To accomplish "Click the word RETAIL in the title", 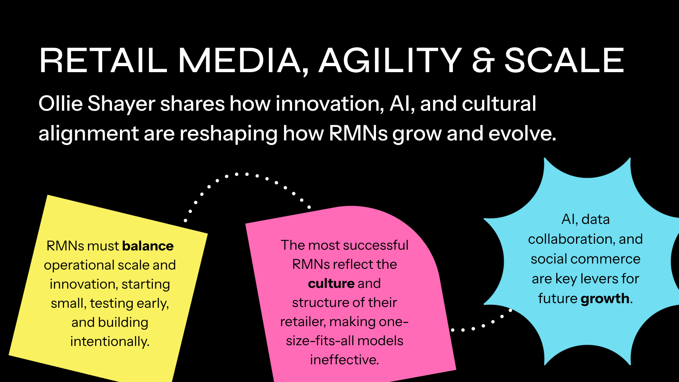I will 103,60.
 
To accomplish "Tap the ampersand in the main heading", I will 483,60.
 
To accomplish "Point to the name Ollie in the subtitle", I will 60,104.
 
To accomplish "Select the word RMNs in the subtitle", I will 358,134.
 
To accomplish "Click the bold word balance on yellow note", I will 148,246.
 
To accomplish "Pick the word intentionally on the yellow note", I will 110,342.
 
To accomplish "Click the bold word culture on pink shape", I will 331,284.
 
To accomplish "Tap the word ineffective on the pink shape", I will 344,360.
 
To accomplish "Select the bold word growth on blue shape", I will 605,299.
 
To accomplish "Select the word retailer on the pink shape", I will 303,322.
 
